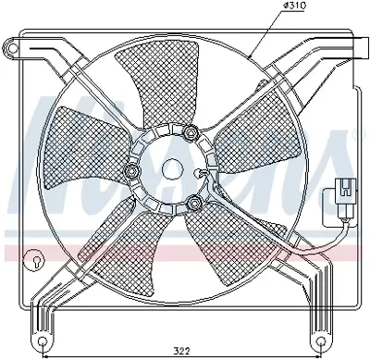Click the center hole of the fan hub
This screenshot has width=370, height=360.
pyautogui.click(x=172, y=169)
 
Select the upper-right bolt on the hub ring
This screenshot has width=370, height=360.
pyautogui.click(x=191, y=134)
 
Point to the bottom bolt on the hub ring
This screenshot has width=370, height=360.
pyautogui.click(x=194, y=204)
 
